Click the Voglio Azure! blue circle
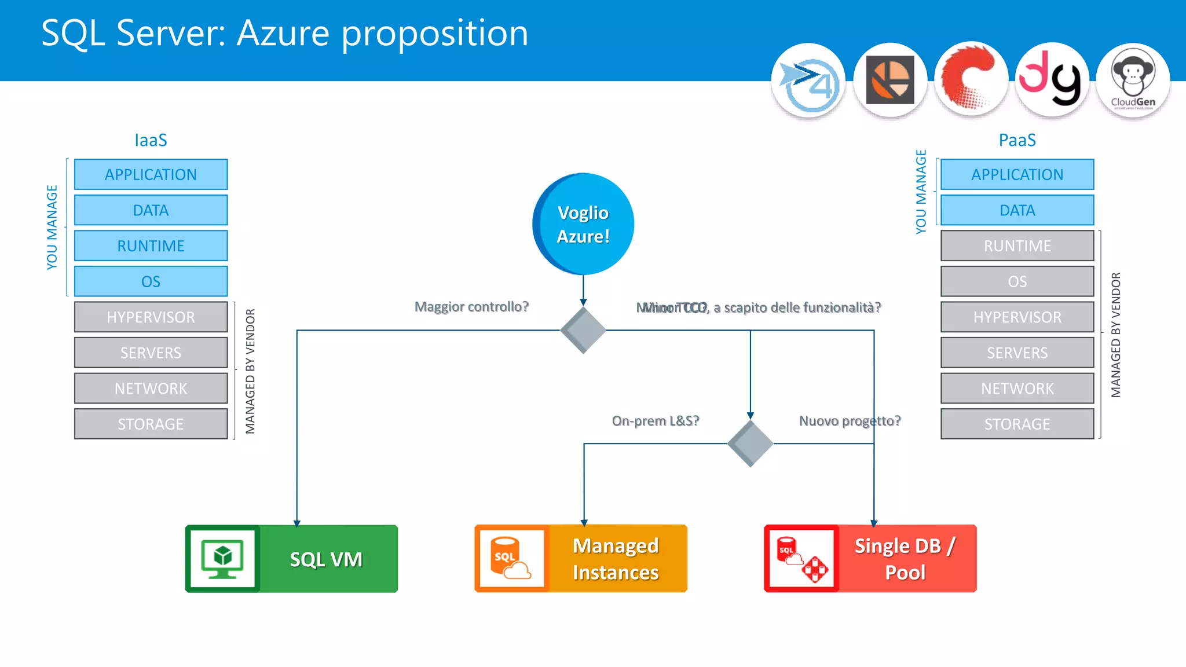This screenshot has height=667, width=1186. click(x=583, y=224)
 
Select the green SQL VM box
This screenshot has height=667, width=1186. click(x=291, y=559)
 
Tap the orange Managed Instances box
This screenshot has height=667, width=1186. click(x=581, y=559)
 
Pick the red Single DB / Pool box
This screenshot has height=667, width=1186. click(x=870, y=559)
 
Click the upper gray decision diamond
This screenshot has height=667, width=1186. click(x=583, y=330)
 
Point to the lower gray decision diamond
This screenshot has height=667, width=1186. click(x=750, y=444)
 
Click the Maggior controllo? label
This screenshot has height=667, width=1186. click(x=471, y=307)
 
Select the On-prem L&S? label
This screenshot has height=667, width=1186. click(x=656, y=421)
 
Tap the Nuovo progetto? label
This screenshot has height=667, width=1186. click(x=850, y=421)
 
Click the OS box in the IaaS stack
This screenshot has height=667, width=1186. click(x=151, y=281)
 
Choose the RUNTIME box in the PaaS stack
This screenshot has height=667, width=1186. click(x=1017, y=246)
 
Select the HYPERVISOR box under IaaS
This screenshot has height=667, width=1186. click(x=151, y=317)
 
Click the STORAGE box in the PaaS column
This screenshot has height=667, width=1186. click(x=1017, y=424)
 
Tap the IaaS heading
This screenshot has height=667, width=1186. click(x=151, y=140)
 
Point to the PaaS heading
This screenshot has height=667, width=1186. click(x=1017, y=140)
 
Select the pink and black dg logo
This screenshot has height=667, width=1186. click(x=1052, y=80)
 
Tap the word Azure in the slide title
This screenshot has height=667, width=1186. click(x=284, y=33)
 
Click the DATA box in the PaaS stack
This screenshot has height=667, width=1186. click(x=1017, y=210)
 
